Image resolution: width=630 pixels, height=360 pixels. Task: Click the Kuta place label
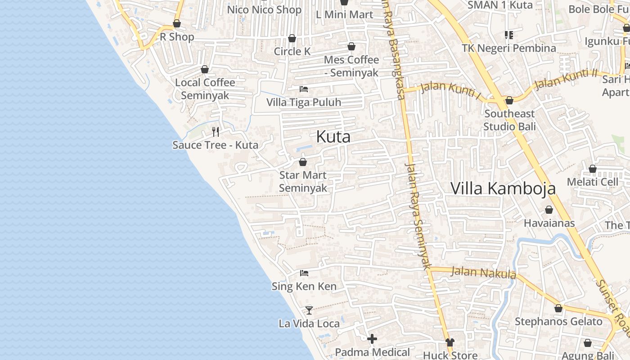pos(333,136)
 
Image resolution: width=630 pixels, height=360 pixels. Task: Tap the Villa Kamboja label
pos(503,188)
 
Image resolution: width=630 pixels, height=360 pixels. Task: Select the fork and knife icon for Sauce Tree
pos(216,132)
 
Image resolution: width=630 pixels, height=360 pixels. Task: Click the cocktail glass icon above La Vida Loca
pos(309,310)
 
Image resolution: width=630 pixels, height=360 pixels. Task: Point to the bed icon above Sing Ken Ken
pos(304,273)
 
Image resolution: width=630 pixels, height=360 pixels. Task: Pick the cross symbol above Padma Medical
pos(372,339)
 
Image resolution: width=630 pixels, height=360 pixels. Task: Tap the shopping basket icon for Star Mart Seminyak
pos(303,162)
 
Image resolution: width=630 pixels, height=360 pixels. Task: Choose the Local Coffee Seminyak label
pos(205,89)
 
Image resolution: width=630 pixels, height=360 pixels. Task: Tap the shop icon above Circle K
pos(292,39)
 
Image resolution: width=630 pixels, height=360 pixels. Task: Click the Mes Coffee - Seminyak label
pos(351,66)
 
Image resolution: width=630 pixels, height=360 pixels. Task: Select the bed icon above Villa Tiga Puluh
pos(304,89)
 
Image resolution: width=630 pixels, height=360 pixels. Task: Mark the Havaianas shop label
pos(549,223)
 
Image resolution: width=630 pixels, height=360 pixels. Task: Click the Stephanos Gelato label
pos(558,321)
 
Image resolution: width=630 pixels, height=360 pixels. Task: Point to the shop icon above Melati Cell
pos(593,169)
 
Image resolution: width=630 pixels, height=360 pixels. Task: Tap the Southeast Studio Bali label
pos(509,120)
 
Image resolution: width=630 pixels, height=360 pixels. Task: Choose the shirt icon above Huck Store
pos(450,342)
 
